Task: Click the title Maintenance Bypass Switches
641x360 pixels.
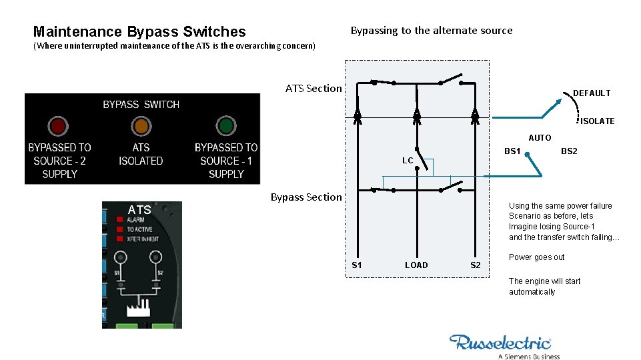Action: [x=139, y=31]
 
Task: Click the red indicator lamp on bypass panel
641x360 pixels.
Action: [x=57, y=126]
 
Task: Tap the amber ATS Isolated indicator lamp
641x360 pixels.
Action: [x=141, y=126]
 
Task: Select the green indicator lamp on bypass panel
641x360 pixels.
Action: [x=226, y=126]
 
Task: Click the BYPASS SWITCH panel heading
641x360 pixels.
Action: [x=141, y=105]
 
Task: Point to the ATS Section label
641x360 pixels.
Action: [x=313, y=89]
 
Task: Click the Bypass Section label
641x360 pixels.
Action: [x=306, y=197]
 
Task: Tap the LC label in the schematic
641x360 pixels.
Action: [x=408, y=161]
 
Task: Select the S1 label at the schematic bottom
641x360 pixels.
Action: [x=357, y=265]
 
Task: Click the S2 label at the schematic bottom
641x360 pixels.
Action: [x=475, y=265]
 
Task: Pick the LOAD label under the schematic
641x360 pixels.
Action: [x=416, y=265]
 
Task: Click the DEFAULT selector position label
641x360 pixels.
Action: [x=592, y=93]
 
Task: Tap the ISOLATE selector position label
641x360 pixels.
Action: [x=597, y=121]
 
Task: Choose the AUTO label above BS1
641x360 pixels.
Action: [x=540, y=138]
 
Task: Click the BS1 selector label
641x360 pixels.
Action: [x=512, y=151]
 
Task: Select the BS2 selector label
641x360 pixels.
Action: [x=569, y=151]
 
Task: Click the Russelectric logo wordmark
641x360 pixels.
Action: [x=500, y=343]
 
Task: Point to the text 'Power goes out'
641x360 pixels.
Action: [x=536, y=257]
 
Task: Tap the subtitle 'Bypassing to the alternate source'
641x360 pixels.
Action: [x=432, y=31]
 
